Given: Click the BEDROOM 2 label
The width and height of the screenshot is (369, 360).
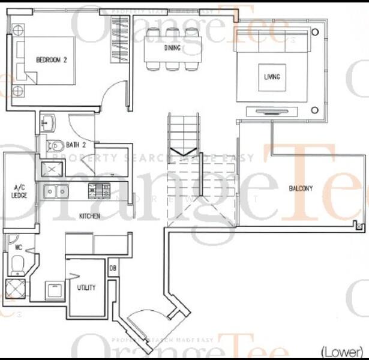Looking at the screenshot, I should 51,59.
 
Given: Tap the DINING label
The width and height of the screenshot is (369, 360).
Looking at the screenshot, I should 172,48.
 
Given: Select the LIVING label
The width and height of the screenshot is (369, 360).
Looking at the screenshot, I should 272,77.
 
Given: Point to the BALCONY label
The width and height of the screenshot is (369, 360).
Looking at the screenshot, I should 301,188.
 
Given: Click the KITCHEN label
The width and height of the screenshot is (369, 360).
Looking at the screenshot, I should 89,216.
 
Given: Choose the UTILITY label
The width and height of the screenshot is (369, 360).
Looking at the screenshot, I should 86,287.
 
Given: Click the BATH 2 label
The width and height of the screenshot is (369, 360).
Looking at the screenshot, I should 76,145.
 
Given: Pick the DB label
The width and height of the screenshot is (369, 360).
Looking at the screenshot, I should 112,268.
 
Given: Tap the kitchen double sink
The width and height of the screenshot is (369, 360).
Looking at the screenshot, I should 55,192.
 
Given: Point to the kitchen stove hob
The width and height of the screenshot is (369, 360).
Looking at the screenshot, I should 95,191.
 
